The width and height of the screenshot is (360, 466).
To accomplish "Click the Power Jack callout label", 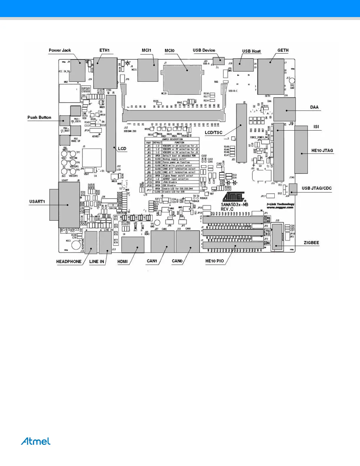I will click(60, 50).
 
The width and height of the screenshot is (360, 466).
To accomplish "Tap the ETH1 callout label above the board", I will click(104, 50).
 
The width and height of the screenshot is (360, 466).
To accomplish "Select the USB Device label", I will click(204, 50).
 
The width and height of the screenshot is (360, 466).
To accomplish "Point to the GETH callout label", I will click(283, 50).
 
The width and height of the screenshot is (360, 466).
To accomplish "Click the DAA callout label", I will click(314, 107).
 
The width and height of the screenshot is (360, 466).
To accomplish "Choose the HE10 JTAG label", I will click(322, 151).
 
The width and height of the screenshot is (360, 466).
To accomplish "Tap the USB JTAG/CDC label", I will click(316, 188).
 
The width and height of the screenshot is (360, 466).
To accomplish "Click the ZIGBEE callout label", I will click(311, 243).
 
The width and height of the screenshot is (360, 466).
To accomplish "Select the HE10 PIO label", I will click(214, 261).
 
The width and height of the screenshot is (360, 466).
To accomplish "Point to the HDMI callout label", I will click(122, 262).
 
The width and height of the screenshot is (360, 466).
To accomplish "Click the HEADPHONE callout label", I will click(69, 262).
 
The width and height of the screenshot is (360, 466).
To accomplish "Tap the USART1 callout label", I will click(37, 202).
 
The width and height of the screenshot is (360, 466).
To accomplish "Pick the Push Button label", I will click(39, 117).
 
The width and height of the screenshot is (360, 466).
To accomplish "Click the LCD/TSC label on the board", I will click(214, 133).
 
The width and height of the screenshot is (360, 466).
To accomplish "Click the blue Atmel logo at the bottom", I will click(36, 441).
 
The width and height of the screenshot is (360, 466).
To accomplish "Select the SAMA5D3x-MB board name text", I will click(234, 204).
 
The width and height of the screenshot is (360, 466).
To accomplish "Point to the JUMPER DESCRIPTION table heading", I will click(172, 139).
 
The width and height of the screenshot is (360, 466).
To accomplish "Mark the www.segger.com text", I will click(280, 207).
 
